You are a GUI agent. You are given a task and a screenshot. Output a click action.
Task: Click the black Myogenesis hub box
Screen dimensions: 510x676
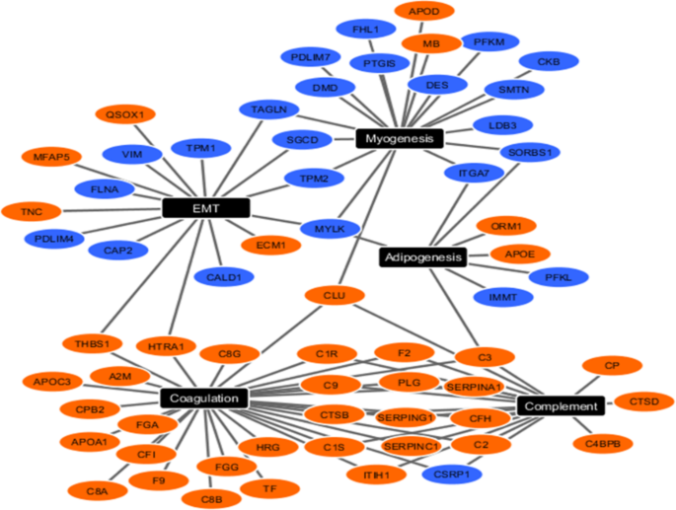click(400, 139)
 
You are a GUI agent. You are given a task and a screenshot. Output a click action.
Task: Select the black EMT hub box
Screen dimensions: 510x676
click(205, 208)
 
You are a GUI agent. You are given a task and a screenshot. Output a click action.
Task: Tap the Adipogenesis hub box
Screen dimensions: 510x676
click(421, 257)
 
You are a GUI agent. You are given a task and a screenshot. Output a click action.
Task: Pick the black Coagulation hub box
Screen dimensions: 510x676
click(203, 399)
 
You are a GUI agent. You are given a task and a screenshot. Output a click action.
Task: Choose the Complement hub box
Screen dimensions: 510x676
click(561, 405)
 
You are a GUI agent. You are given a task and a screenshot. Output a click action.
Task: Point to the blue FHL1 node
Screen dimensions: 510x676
click(365, 30)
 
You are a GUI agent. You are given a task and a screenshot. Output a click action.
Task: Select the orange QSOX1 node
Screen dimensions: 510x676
click(124, 114)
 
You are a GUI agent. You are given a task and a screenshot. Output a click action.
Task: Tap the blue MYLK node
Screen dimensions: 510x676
click(329, 229)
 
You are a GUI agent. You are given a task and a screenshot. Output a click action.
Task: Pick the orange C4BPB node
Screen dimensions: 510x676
click(602, 444)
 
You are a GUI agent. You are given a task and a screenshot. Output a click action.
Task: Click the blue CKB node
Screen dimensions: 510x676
click(549, 62)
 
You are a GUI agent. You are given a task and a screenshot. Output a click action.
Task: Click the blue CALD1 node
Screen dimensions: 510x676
click(224, 278)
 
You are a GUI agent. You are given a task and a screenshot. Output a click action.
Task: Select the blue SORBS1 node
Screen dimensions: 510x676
click(531, 153)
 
